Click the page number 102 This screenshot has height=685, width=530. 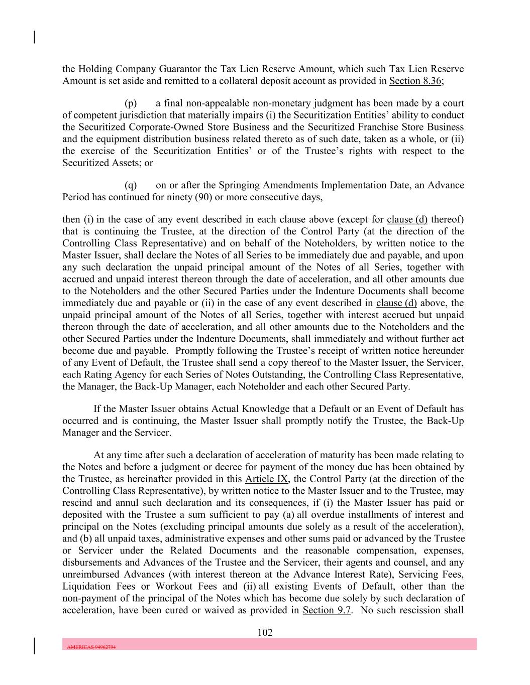pos(265,632)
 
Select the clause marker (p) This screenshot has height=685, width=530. pos(131,103)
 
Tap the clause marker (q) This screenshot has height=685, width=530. pos(131,185)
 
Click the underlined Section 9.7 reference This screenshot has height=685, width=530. pos(327,610)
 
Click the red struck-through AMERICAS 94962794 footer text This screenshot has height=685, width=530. pos(91,647)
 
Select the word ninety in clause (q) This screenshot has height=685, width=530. pos(179,197)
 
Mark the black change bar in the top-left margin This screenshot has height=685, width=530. pos(34,37)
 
